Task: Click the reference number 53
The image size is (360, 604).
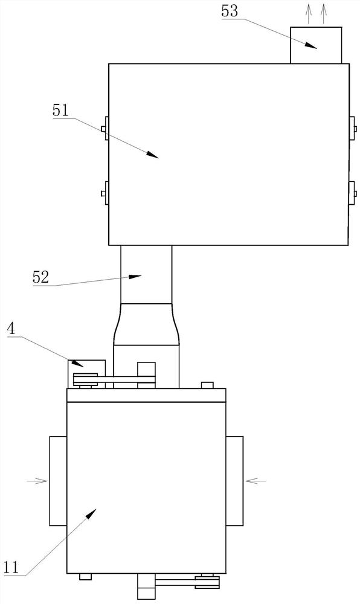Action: tap(230, 11)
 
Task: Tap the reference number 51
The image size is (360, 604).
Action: tap(60, 111)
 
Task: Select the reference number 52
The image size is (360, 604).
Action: tap(41, 278)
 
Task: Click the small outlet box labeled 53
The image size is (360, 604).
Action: tap(316, 45)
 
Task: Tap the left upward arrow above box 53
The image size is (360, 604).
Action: tap(309, 14)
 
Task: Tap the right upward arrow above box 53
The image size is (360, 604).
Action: tap(323, 14)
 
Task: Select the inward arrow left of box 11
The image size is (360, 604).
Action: tap(37, 481)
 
